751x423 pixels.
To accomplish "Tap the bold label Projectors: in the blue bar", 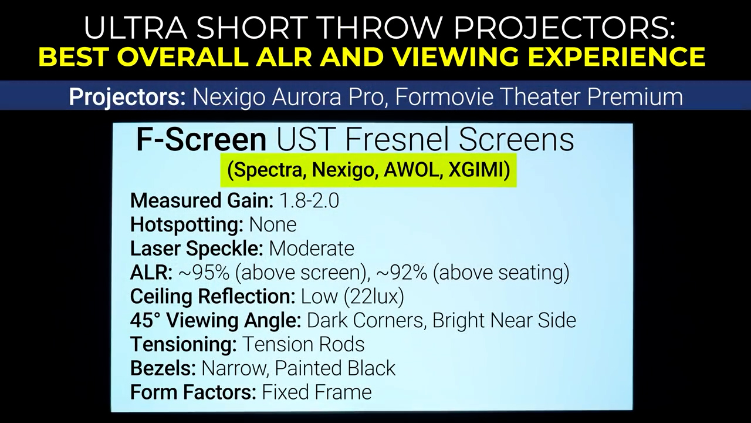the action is coord(127,98).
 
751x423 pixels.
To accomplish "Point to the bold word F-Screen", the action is coord(201,140).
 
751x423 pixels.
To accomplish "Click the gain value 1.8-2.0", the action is coord(309,201).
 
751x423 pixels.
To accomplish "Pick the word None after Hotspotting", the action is coord(273,224).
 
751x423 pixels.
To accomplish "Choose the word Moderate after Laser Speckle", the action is coord(312,249).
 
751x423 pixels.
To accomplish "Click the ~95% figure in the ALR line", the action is coord(204,273).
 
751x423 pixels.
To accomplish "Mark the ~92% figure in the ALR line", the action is coord(402,273).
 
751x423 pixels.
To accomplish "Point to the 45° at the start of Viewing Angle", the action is coord(146,320).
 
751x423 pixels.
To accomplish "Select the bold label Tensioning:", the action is coord(184,345).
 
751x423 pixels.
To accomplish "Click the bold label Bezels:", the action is coord(163,368).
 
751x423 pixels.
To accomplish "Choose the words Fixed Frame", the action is coord(317,392).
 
